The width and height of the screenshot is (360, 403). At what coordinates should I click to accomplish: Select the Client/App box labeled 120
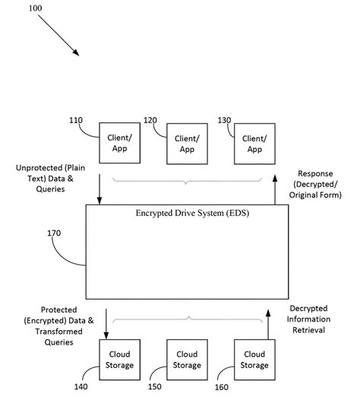[x=186, y=144]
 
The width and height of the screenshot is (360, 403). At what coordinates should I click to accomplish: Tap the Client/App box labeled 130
[x=254, y=144]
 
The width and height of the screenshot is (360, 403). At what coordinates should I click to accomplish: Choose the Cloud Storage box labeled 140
[x=119, y=359]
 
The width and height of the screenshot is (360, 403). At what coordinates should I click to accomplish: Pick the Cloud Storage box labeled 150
[x=186, y=359]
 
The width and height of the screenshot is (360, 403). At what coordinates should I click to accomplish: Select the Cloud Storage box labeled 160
[x=254, y=359]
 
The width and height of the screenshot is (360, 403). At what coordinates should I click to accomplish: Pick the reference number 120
[x=149, y=120]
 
